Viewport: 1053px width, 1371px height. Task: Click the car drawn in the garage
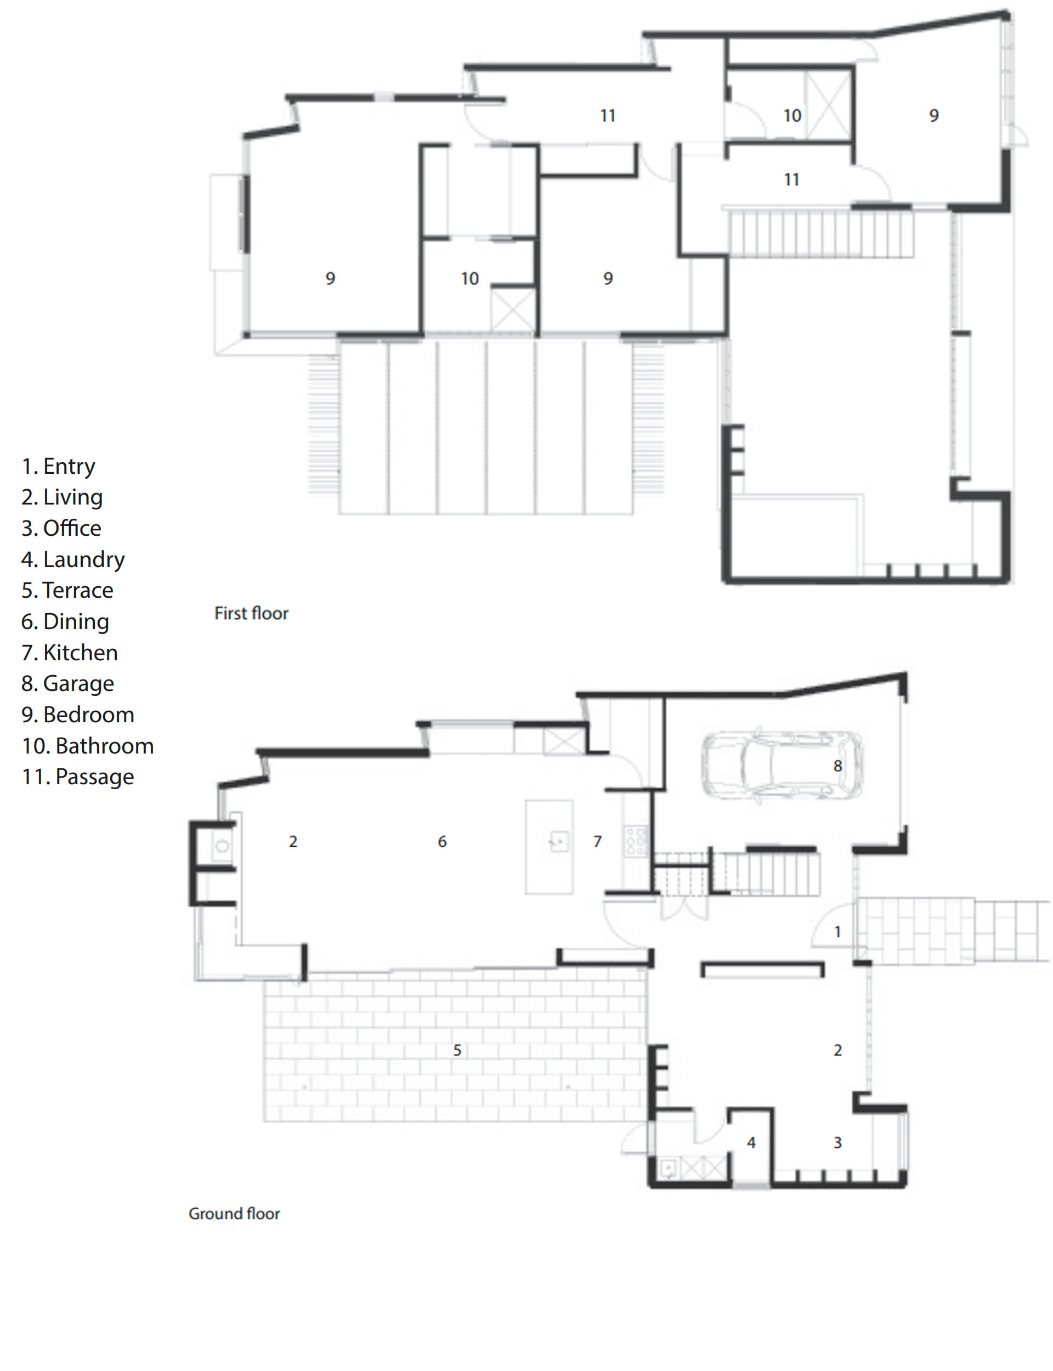point(782,766)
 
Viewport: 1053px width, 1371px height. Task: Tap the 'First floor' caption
point(251,614)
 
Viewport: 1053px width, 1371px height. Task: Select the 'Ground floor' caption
point(234,1214)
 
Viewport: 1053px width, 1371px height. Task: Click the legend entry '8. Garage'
point(67,684)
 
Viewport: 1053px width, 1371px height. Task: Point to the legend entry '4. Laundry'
point(73,559)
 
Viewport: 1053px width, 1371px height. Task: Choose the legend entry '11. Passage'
point(78,777)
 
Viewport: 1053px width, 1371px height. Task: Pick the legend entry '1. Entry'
point(58,466)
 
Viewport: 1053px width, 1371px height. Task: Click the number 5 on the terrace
point(457,1050)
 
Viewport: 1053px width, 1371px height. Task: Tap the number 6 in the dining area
point(442,842)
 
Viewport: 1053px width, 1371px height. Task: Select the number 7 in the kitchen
point(597,842)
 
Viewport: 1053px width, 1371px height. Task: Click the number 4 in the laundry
point(751,1142)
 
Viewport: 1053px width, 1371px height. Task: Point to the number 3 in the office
point(837,1142)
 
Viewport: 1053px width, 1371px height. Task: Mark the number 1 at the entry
point(837,932)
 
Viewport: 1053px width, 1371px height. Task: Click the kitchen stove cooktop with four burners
point(636,841)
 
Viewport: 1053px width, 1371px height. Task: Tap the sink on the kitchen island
point(558,841)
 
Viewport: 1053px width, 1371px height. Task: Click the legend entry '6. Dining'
point(65,621)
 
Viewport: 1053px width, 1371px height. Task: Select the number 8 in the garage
point(837,766)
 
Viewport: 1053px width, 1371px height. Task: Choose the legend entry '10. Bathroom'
point(88,746)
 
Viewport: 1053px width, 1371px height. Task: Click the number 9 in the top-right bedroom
point(934,115)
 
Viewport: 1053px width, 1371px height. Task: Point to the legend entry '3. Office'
point(61,528)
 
